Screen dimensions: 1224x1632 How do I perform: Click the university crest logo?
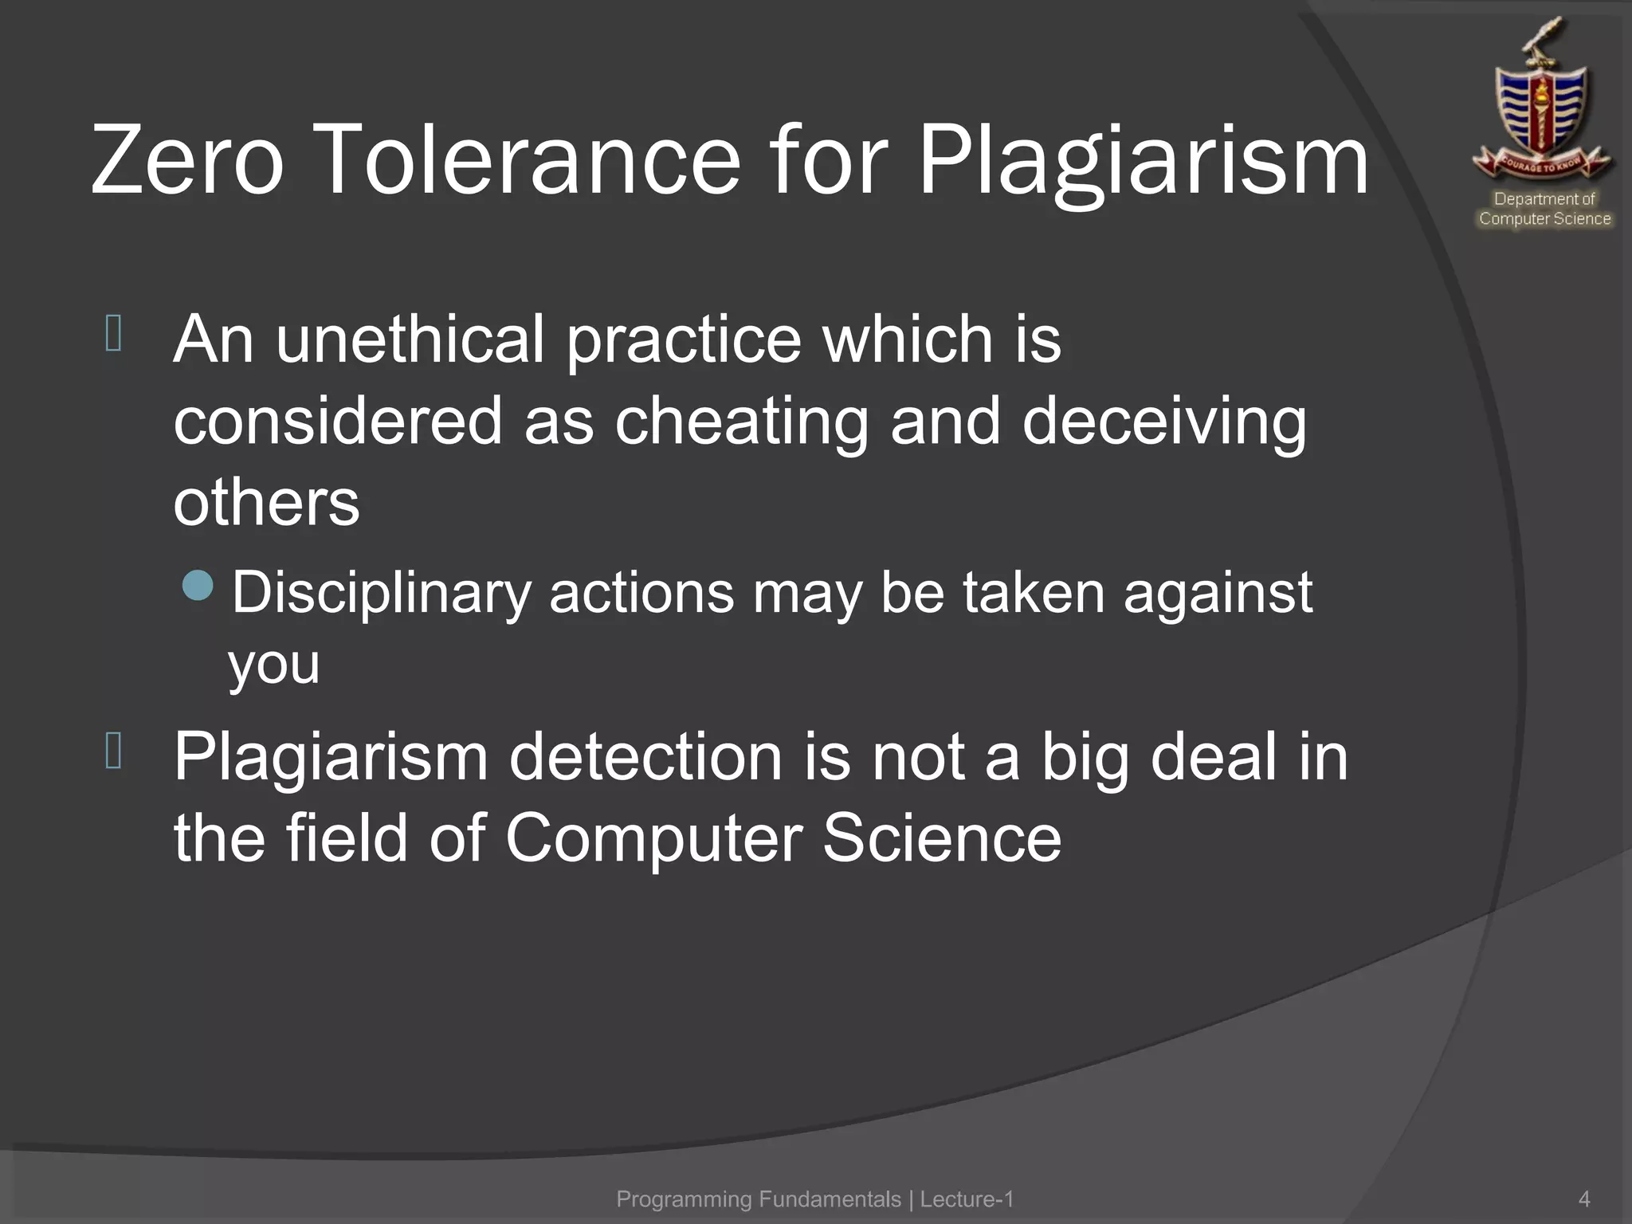click(x=1544, y=104)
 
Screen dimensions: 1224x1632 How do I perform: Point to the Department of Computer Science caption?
click(x=1544, y=209)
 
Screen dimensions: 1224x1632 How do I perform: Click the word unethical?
click(x=410, y=339)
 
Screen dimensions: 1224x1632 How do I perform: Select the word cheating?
click(x=741, y=422)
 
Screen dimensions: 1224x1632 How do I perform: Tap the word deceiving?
click(x=1164, y=422)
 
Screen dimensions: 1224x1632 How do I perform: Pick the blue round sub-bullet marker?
click(x=198, y=586)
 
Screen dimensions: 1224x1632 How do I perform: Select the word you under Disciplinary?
click(x=274, y=664)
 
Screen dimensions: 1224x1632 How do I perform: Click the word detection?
click(x=645, y=757)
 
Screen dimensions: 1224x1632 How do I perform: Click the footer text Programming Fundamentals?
click(x=759, y=1199)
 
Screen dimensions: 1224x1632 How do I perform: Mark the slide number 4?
click(x=1584, y=1199)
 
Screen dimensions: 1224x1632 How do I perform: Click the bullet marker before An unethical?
click(x=113, y=334)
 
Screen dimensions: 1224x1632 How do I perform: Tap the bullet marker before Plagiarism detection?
click(x=113, y=751)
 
